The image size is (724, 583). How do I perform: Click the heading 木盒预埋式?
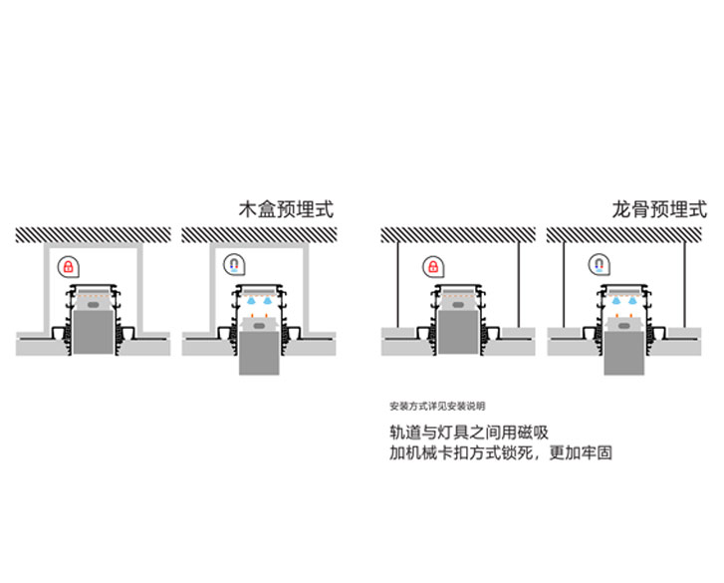point(286,210)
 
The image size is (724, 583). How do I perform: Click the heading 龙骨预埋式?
point(659,210)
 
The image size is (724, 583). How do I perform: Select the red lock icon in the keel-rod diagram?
point(432,266)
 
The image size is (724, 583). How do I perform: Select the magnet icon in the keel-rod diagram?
point(599,266)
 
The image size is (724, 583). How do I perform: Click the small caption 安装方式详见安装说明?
point(437,407)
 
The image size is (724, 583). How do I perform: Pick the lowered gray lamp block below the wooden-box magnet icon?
point(261,349)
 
